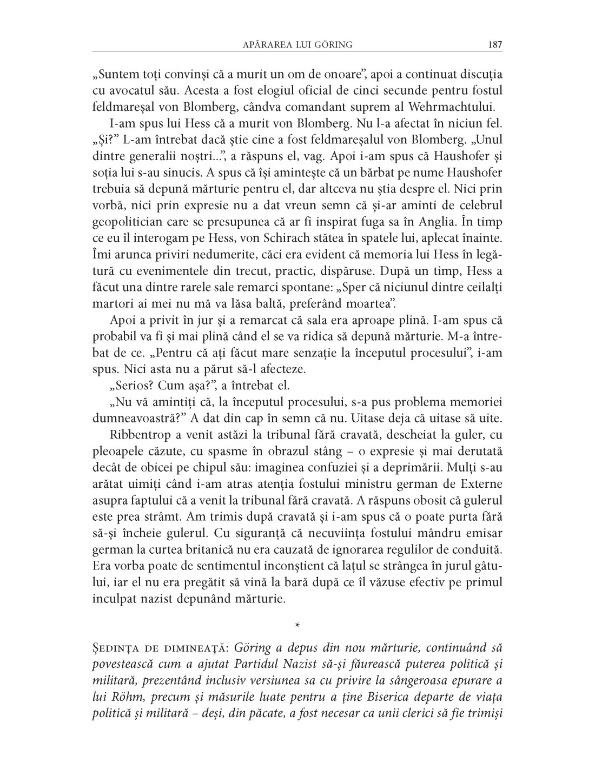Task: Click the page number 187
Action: click(495, 45)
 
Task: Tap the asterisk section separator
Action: click(297, 625)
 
